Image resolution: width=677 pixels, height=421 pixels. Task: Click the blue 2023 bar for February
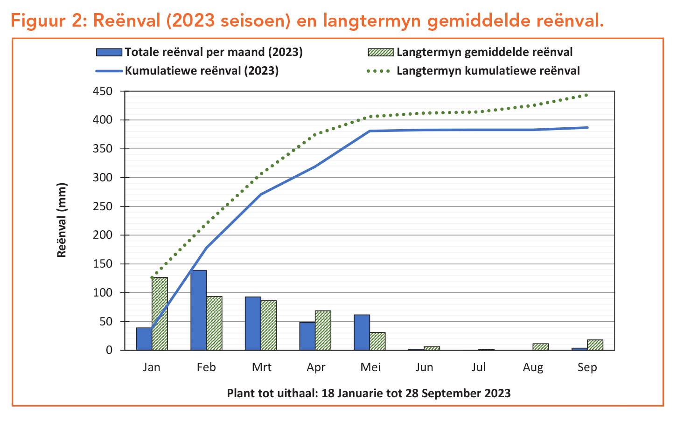pos(198,310)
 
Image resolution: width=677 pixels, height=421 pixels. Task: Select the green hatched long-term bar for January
pos(160,314)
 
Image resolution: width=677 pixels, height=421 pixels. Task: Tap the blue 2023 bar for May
pos(362,332)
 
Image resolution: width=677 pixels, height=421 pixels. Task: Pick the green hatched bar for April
pos(323,331)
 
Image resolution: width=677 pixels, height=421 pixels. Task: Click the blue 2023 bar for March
pos(253,324)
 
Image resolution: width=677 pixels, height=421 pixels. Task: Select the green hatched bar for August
pos(541,347)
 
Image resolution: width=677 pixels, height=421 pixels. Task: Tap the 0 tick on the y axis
pos(109,350)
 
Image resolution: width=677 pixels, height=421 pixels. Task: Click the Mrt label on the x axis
pos(261,367)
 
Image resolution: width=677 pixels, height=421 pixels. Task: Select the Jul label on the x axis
pos(479,367)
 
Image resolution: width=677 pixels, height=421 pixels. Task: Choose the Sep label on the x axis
pos(587,367)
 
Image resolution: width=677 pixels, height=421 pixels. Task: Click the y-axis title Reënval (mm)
pos(62,220)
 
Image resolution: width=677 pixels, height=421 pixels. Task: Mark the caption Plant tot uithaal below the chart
pos(369,393)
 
